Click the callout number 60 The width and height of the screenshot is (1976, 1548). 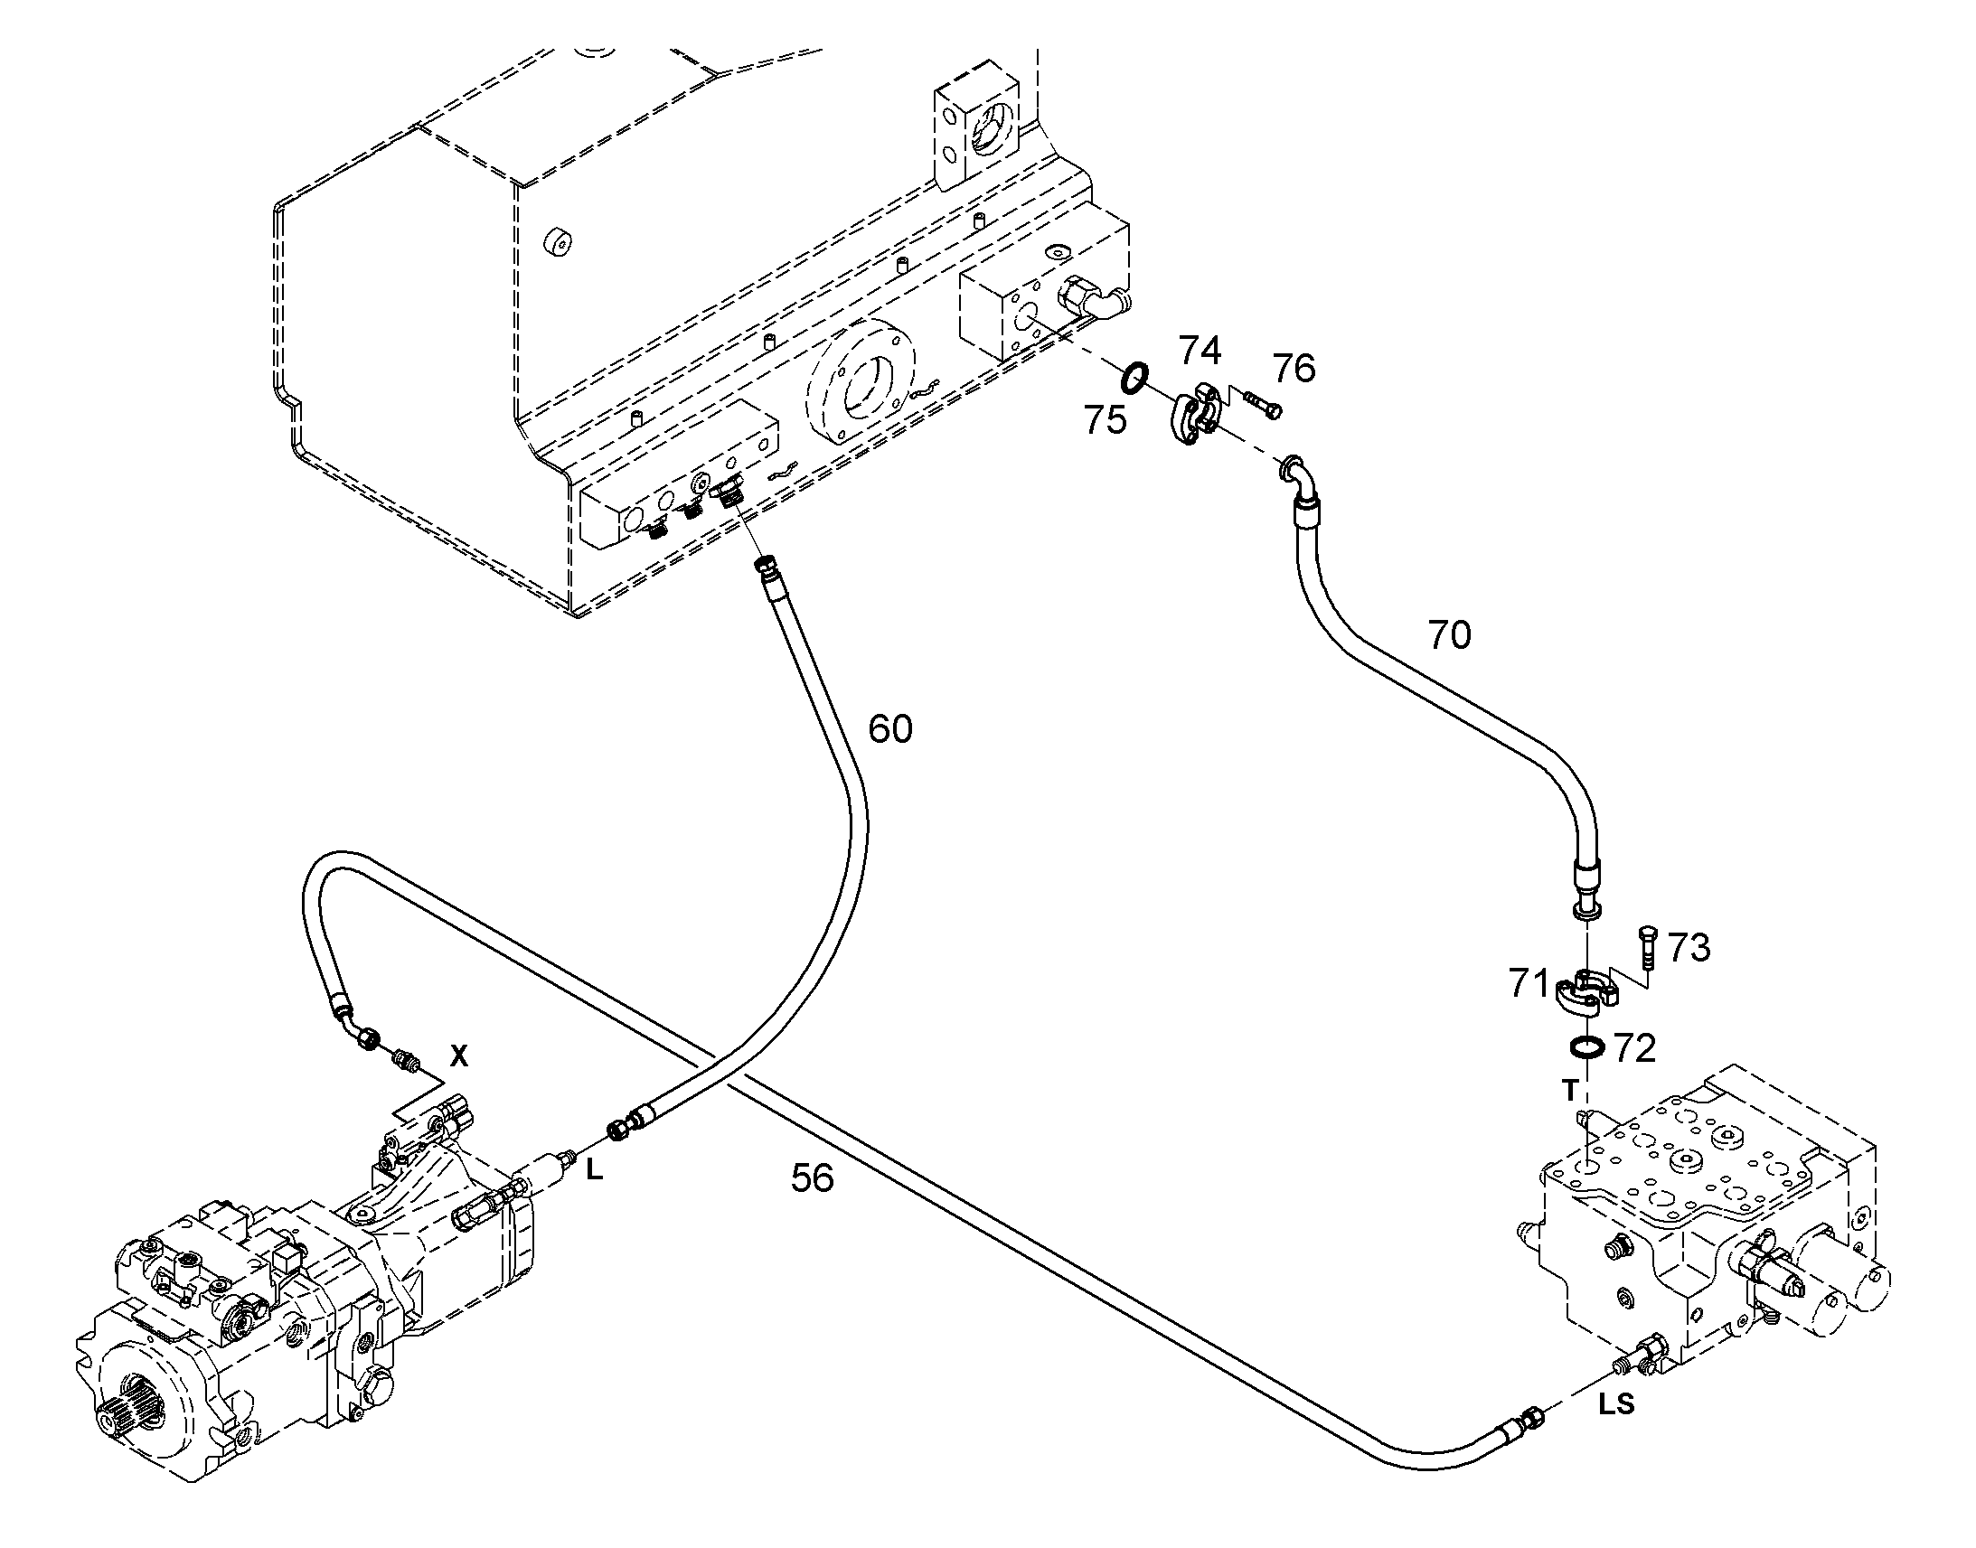click(890, 728)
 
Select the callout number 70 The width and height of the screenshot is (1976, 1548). click(1449, 635)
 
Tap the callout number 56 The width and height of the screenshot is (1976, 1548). click(812, 1178)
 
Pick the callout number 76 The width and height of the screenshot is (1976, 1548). click(1294, 369)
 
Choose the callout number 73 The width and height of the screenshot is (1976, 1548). click(1689, 948)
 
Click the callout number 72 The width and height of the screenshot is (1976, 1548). click(1635, 1048)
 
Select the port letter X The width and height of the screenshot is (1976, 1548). click(459, 1055)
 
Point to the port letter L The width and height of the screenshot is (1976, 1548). click(594, 1171)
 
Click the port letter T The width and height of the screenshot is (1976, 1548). click(1571, 1091)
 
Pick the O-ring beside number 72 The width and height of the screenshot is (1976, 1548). click(1586, 1046)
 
